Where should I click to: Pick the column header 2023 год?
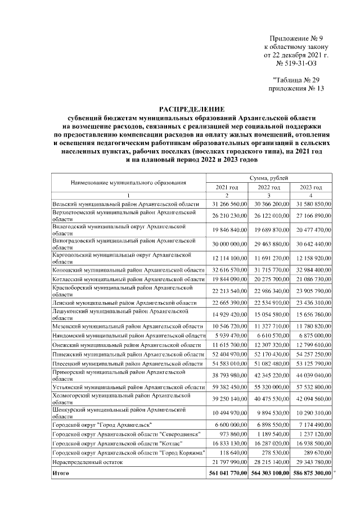[x=310, y=187]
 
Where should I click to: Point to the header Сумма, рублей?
[x=269, y=178]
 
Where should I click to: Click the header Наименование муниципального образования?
[x=128, y=183]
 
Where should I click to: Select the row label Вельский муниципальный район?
[x=125, y=204]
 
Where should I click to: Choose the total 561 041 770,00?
[x=226, y=475]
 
